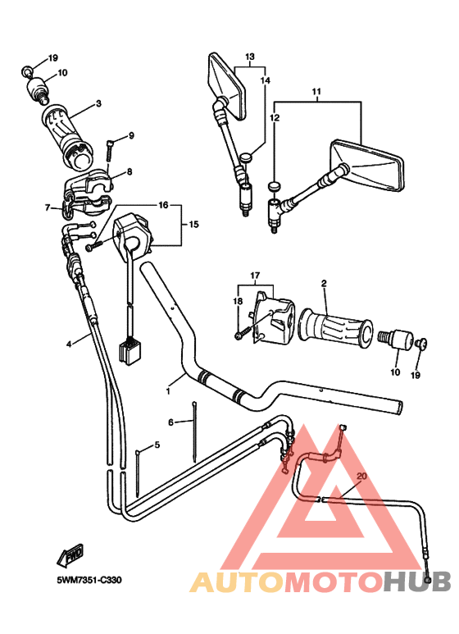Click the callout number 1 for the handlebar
point(168,391)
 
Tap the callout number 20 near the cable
point(361,476)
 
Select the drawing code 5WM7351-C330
point(89,580)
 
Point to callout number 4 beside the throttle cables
point(69,344)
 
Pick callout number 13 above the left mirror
point(250,57)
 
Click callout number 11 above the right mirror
point(316,91)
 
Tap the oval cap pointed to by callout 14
point(246,157)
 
